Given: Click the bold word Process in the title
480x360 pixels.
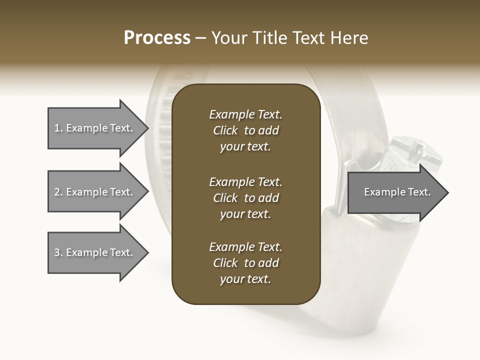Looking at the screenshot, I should tap(157, 38).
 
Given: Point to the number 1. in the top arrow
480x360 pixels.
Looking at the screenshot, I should tap(58, 128).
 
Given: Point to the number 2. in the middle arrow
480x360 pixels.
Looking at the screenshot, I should tap(58, 192).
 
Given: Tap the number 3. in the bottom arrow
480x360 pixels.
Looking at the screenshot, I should tap(58, 252).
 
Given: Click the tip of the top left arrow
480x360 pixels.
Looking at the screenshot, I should tap(147, 128).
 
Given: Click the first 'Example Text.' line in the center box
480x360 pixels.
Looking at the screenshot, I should tap(245, 114).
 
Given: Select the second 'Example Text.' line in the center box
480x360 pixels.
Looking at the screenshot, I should tap(245, 182).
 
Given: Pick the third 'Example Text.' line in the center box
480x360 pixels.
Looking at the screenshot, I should tap(245, 247).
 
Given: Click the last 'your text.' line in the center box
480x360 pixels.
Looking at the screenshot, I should tap(245, 279).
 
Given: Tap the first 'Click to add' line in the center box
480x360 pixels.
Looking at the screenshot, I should tap(245, 130).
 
